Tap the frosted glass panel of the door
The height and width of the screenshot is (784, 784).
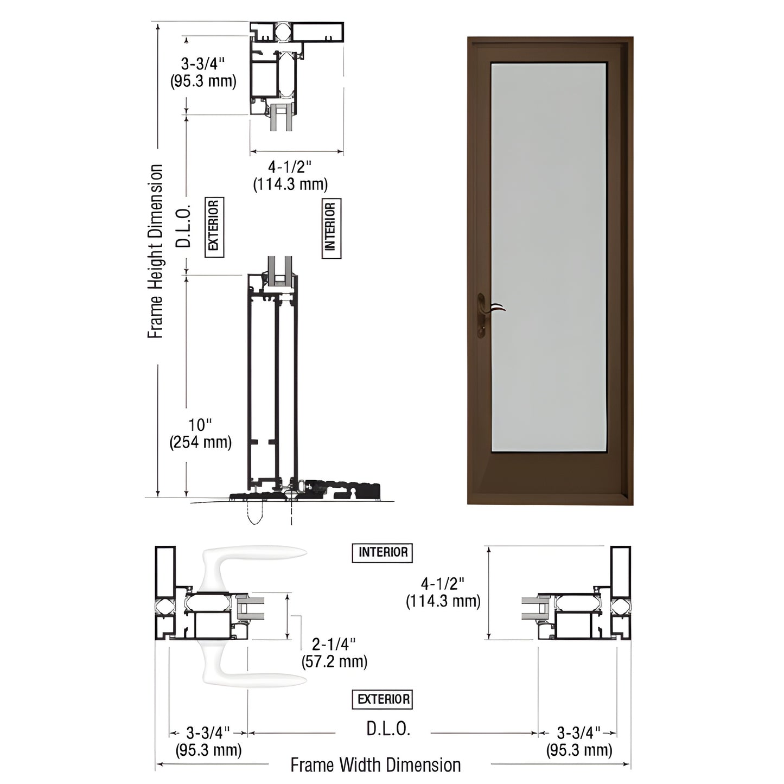548,255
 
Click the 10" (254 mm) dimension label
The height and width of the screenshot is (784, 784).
200,434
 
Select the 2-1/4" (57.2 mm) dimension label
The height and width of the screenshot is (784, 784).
334,653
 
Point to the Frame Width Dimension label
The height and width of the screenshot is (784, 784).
375,765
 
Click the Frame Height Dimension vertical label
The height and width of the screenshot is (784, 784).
156,252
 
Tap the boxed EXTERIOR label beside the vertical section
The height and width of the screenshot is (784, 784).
214,227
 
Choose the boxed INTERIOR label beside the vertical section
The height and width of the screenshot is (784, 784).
331,227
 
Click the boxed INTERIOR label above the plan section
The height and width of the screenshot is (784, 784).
383,552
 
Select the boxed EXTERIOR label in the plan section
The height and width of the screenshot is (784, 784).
383,699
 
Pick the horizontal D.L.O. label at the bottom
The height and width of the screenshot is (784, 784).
388,729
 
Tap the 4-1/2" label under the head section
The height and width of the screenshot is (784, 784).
290,175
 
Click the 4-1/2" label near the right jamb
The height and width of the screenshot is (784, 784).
443,592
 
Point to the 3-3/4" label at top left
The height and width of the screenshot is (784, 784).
203,72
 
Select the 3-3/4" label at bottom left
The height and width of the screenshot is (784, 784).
208,742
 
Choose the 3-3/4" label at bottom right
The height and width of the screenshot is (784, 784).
579,742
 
